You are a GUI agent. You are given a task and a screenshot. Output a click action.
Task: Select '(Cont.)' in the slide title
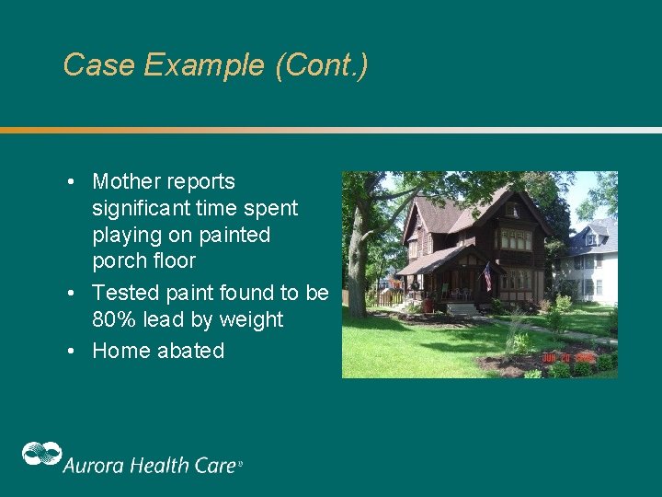[x=321, y=65]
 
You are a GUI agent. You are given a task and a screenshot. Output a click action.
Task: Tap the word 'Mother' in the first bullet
[x=127, y=181]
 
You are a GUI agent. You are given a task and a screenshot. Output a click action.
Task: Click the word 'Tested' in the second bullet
[x=124, y=293]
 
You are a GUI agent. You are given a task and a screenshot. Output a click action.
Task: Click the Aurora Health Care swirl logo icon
[x=41, y=455]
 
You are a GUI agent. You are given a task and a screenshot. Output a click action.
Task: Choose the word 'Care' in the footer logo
[x=215, y=465]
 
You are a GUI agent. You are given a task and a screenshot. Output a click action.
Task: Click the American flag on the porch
[x=487, y=273]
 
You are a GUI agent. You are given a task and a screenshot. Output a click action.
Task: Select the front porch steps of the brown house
[x=461, y=309]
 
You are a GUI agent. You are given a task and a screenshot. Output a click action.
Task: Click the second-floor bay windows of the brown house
[x=515, y=239]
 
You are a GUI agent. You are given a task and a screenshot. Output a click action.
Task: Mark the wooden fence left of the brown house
[x=390, y=297]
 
